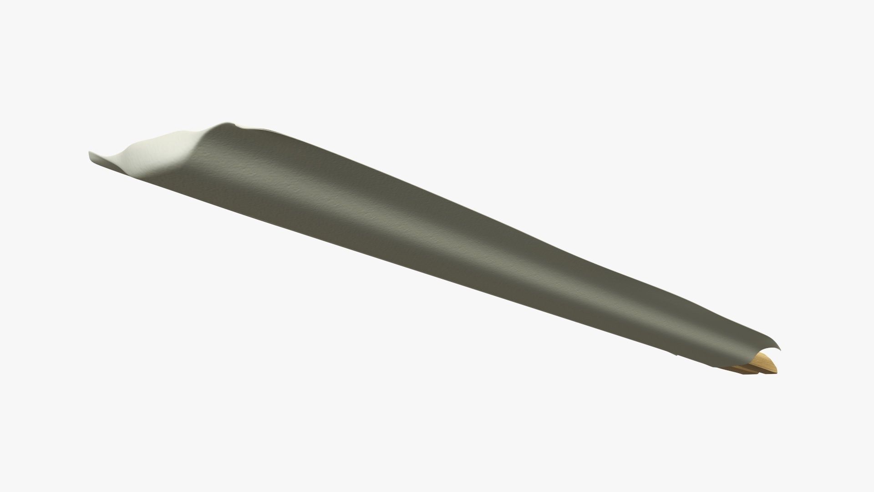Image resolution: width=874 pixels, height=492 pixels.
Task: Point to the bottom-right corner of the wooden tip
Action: pos(776,373)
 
